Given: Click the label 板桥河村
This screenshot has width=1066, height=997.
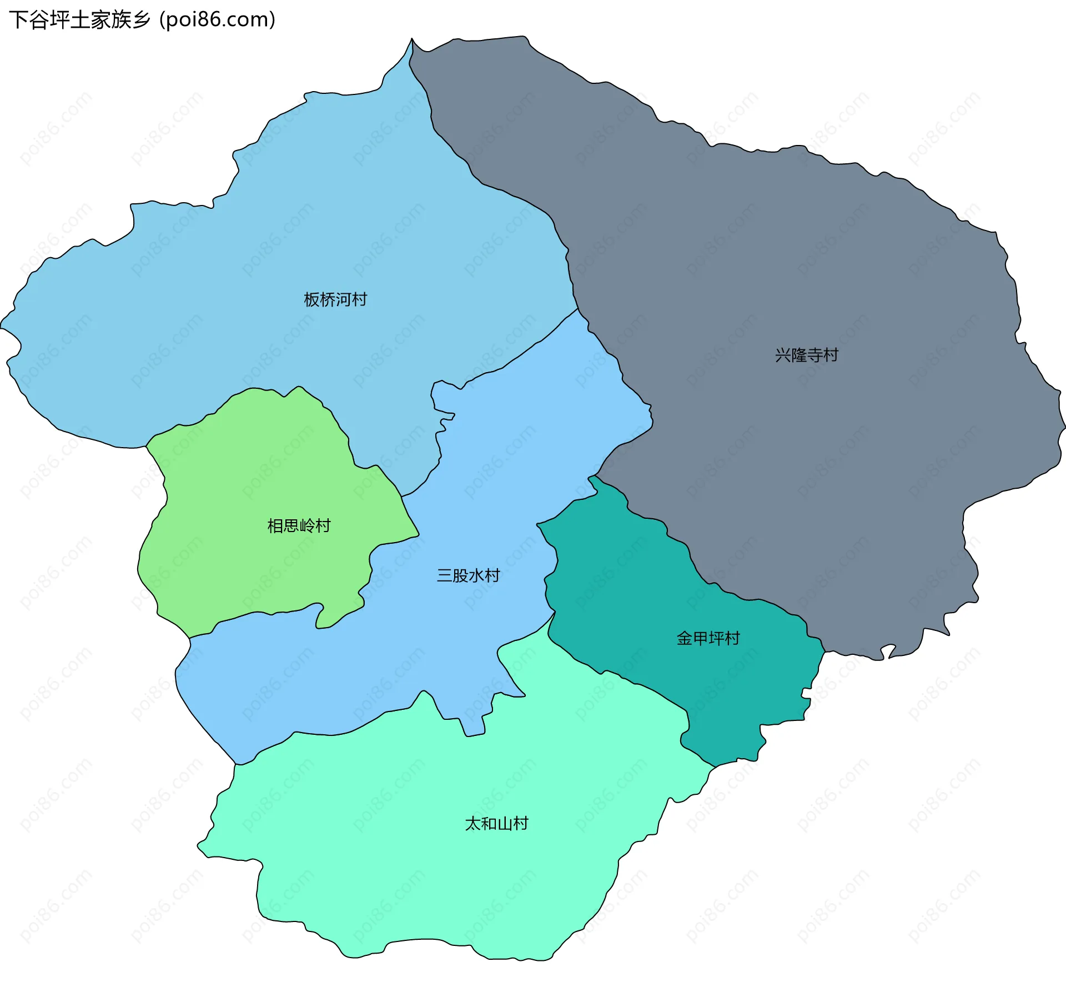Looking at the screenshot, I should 335,300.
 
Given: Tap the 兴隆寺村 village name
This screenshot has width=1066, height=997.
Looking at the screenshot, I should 806,355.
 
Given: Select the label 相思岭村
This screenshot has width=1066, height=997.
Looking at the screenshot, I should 299,525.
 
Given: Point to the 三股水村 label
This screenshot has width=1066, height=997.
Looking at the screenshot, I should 468,575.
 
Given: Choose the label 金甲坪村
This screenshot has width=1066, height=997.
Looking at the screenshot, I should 708,638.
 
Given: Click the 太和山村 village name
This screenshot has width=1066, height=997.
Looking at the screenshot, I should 496,823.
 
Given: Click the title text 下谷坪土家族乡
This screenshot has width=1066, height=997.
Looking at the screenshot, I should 79,20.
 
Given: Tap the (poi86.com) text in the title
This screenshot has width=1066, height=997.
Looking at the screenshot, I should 218,20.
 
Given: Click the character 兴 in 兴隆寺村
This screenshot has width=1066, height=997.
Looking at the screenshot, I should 783,355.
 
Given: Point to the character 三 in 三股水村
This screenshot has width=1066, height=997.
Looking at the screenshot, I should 445,575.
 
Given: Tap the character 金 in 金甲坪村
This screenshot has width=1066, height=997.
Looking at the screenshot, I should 685,638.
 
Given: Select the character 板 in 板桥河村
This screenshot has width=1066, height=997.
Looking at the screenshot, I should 311,300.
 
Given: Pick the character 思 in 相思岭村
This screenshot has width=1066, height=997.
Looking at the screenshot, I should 291,525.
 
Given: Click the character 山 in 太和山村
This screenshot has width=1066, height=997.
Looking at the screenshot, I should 504,823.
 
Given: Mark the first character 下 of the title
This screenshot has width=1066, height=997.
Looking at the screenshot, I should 18,20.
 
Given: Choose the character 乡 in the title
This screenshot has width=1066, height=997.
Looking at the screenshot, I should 141,20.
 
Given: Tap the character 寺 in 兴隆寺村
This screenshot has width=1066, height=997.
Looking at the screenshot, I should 814,355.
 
